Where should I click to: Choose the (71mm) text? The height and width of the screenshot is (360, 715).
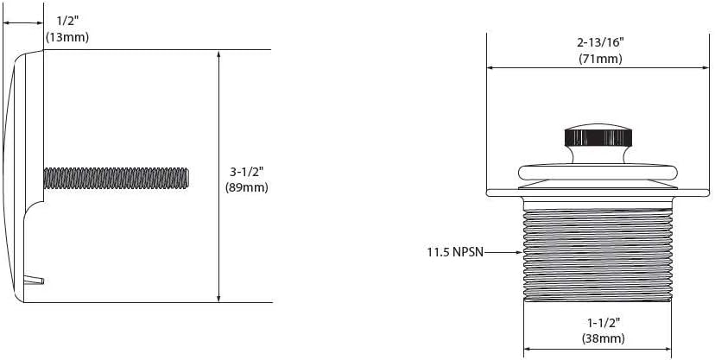(600, 59)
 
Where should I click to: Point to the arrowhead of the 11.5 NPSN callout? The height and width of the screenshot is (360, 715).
(521, 254)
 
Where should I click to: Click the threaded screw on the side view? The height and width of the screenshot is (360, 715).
(116, 177)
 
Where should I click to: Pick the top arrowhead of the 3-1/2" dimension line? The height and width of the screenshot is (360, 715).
(219, 54)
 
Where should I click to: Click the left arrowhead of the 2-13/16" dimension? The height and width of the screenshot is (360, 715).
(491, 67)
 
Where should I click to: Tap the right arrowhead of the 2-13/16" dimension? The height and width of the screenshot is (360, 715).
(709, 67)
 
